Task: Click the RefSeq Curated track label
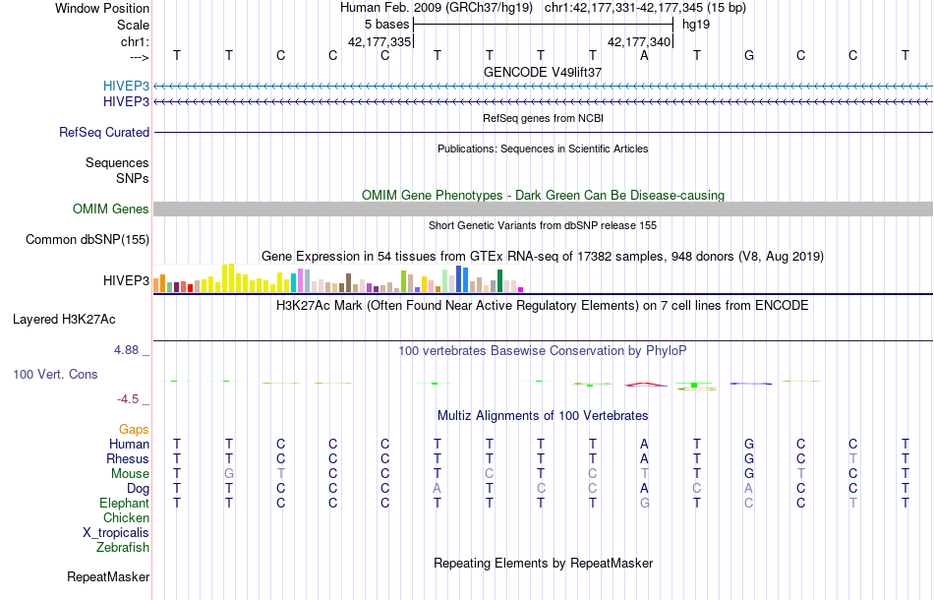pos(104,132)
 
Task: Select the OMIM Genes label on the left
pos(111,209)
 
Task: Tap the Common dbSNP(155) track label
pos(88,239)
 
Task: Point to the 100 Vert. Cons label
pos(55,375)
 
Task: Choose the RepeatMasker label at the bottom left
pos(108,576)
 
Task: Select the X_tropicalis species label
pos(116,532)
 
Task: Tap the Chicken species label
pos(127,517)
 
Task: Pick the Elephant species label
pos(124,503)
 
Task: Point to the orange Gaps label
pos(134,429)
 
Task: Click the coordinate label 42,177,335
pos(379,42)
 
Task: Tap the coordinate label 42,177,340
pos(639,42)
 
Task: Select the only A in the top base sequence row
pos(645,55)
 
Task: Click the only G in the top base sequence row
pos(749,55)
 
